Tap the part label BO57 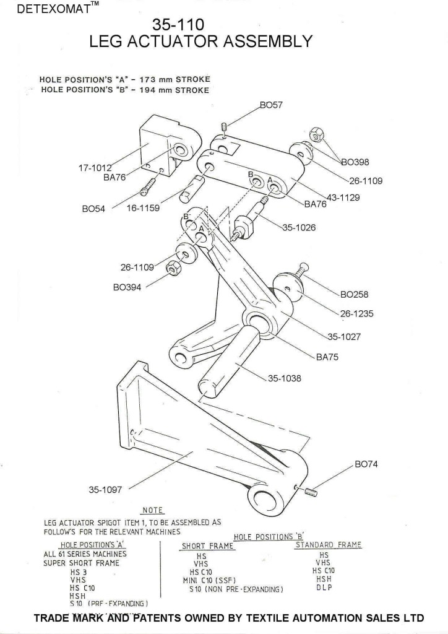click(x=271, y=105)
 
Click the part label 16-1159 click(x=143, y=208)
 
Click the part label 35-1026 click(x=299, y=227)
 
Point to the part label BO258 click(x=355, y=294)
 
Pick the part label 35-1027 click(x=344, y=337)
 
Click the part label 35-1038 click(x=284, y=378)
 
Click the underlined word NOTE click(x=152, y=510)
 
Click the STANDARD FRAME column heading click(x=328, y=545)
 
